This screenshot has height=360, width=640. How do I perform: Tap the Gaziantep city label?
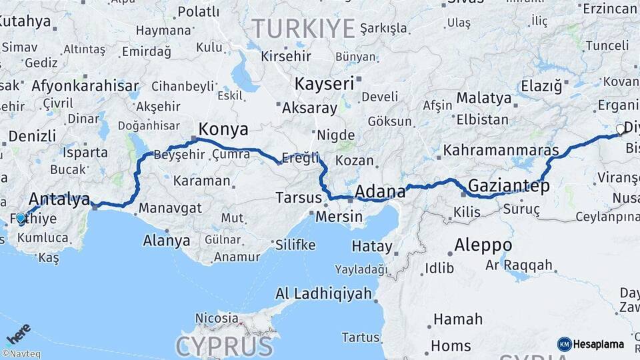click(509, 185)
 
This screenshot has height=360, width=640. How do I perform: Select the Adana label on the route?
click(380, 192)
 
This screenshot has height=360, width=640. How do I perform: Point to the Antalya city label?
click(59, 199)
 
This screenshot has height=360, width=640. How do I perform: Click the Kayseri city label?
click(324, 84)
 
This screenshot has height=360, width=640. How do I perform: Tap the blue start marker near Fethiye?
click(21, 218)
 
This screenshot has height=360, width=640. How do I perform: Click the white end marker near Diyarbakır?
click(621, 129)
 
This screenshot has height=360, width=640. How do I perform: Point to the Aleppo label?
click(483, 245)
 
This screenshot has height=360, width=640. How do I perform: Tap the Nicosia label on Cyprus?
click(217, 318)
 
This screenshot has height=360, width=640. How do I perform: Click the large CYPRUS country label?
click(224, 346)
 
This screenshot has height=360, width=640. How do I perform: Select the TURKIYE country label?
click(303, 29)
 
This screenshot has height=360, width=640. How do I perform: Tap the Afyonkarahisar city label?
click(85, 86)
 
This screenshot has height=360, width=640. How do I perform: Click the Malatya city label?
click(483, 98)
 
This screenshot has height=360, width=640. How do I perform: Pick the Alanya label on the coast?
click(167, 241)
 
